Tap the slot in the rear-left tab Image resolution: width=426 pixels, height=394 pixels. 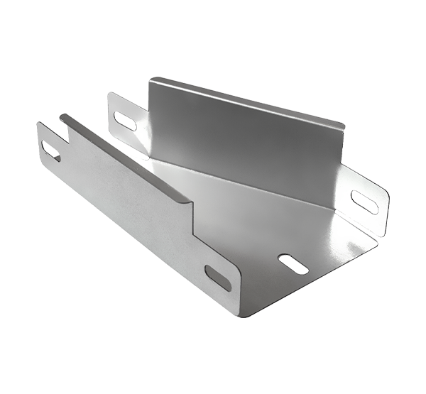click(x=125, y=121)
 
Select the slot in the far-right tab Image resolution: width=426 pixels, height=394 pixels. click(x=364, y=202)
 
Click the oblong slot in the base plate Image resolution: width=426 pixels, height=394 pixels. click(x=293, y=264)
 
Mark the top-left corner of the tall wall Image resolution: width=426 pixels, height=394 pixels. click(x=151, y=80)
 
